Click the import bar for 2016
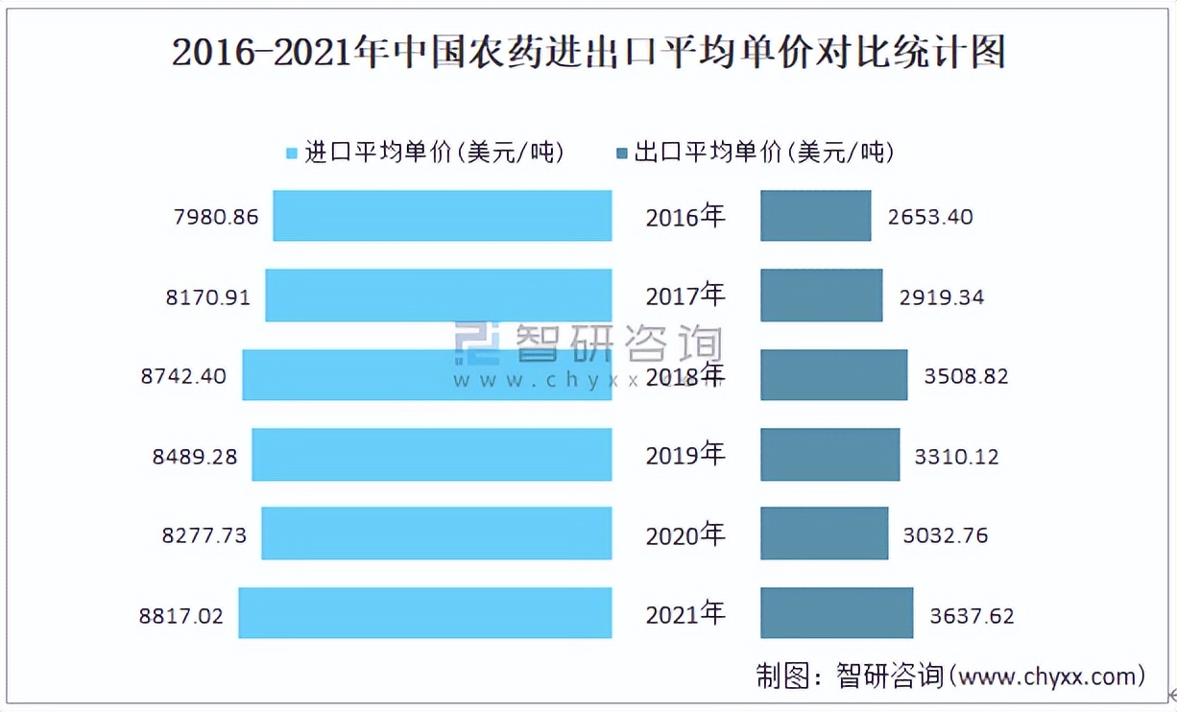[x=442, y=215]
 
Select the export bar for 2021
[x=836, y=613]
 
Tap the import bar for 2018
[x=426, y=375]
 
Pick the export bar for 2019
[x=829, y=455]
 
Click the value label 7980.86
[x=216, y=217]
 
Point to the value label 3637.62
[x=972, y=616]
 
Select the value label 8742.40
[x=183, y=376]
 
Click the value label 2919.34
[x=942, y=297]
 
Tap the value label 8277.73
[x=204, y=535]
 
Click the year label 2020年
[x=685, y=534]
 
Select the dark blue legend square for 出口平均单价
[x=621, y=154]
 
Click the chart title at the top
[x=588, y=53]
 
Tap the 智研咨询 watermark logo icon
[x=477, y=344]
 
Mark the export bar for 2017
[x=821, y=296]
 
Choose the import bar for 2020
[x=436, y=534]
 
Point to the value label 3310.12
[x=956, y=457]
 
